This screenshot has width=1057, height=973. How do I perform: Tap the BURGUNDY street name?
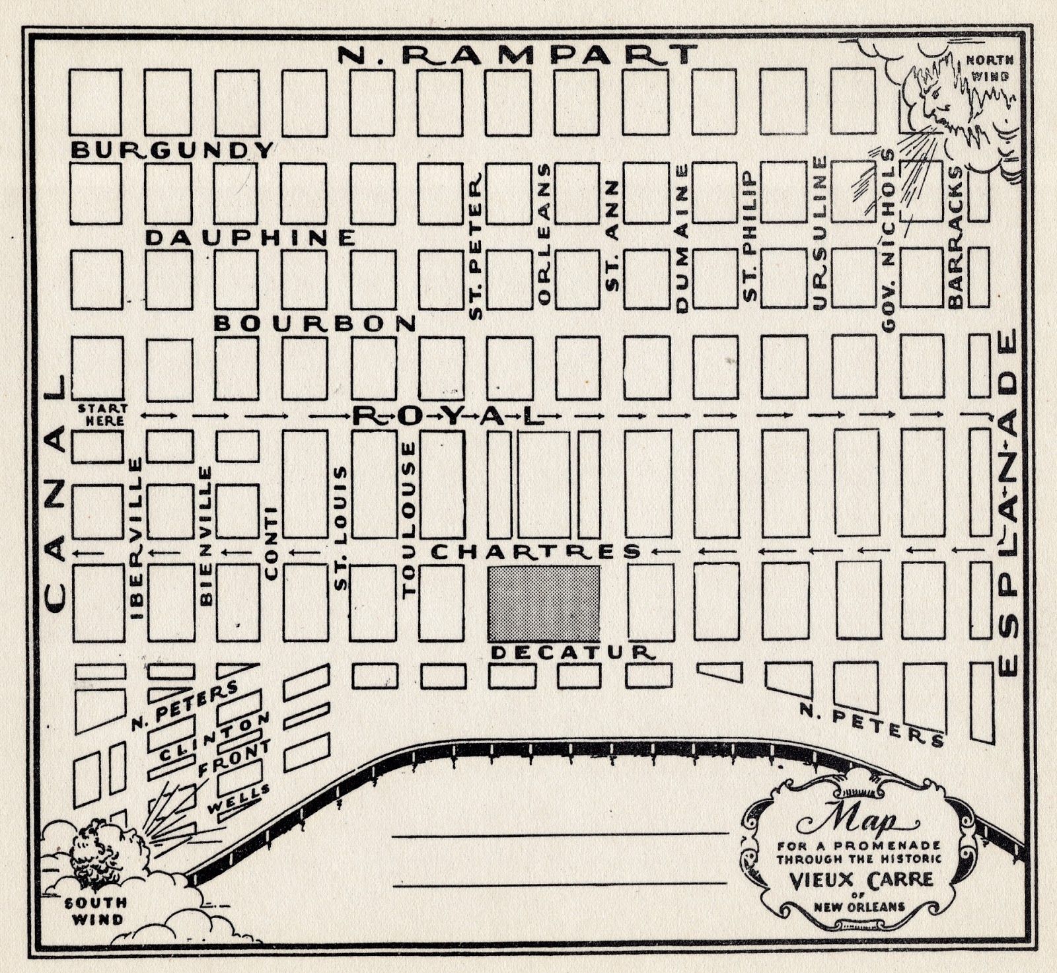click(172, 150)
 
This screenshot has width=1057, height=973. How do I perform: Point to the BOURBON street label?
click(315, 323)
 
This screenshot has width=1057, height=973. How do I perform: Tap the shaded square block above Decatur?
click(544, 603)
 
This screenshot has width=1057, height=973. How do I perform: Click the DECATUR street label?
click(573, 653)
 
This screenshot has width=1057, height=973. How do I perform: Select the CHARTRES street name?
click(536, 552)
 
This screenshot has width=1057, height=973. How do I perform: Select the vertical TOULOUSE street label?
click(410, 520)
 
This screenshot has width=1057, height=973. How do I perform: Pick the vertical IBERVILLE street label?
click(137, 538)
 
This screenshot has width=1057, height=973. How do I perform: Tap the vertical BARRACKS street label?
click(955, 237)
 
